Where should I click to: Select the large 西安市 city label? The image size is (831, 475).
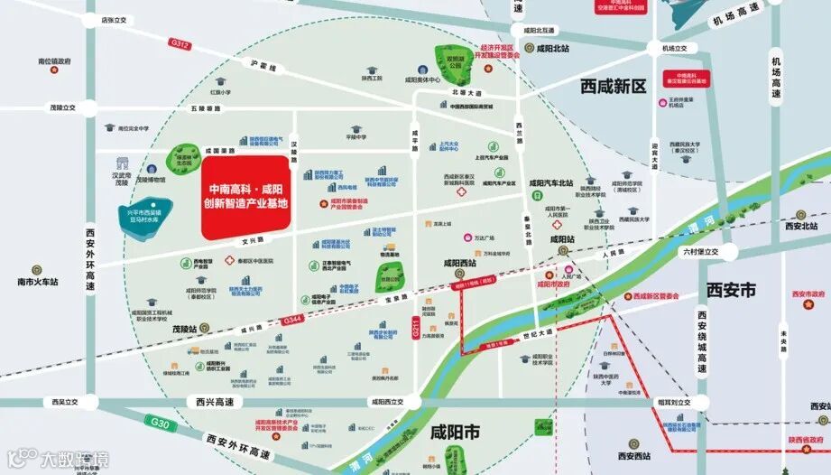731,291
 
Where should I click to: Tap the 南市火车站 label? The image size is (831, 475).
37,282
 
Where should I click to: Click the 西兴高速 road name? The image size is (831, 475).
216,402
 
